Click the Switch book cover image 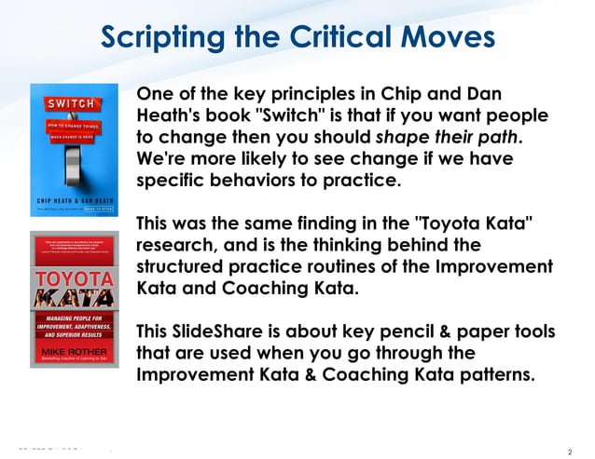point(75,151)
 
